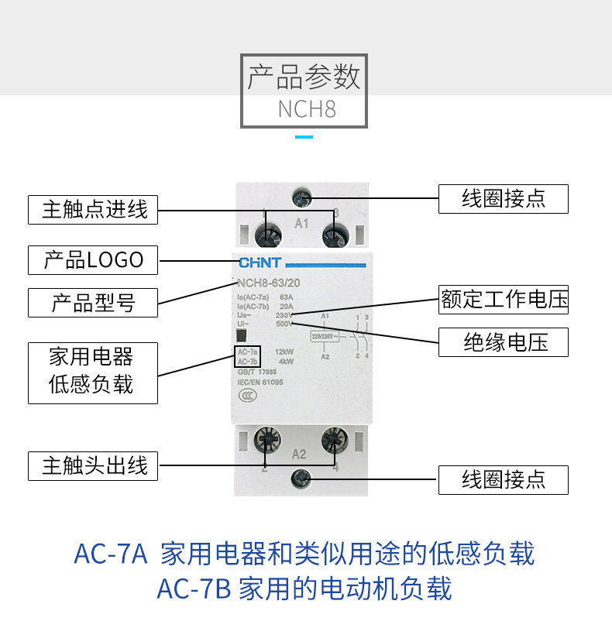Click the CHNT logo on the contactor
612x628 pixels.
[260, 263]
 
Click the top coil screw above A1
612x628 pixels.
[301, 198]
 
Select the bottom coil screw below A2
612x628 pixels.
[301, 479]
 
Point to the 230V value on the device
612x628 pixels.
[284, 315]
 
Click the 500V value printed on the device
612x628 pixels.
[284, 324]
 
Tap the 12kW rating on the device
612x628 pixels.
[284, 352]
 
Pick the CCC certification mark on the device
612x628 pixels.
[246, 392]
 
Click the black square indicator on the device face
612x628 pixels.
[241, 335]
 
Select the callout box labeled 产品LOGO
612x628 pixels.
[93, 259]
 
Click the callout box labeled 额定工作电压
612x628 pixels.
[504, 299]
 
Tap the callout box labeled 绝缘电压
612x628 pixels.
[504, 341]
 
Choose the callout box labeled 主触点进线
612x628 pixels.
[93, 209]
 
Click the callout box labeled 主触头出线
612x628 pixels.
[93, 466]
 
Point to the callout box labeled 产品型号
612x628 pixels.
[93, 302]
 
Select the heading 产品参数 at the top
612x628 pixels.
[304, 78]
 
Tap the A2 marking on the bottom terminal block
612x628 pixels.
[301, 454]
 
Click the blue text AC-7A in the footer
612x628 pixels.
[110, 554]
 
